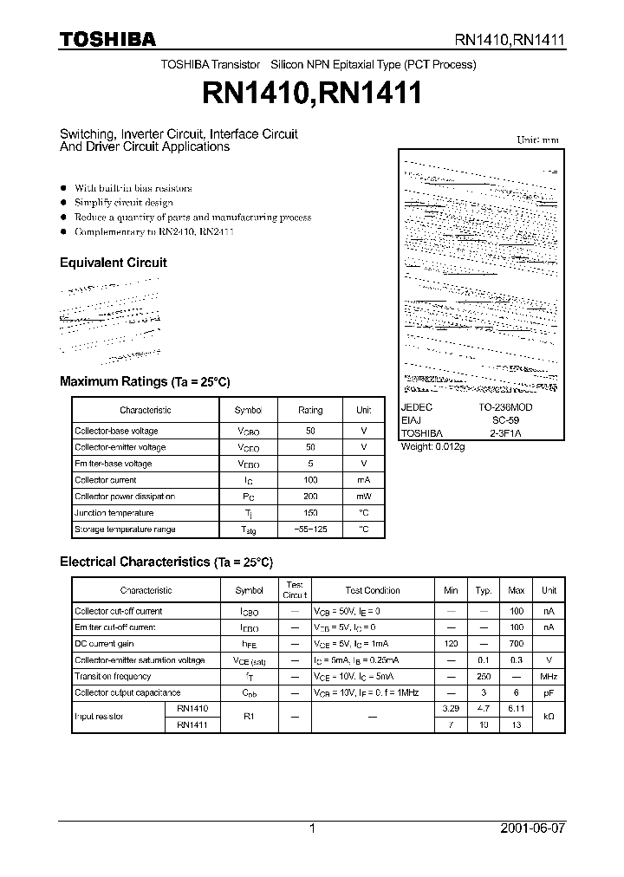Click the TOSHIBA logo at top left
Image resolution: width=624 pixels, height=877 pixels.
(107, 39)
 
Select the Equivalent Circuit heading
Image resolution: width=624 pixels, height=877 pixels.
(113, 263)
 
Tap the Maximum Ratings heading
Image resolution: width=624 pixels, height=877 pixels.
(145, 381)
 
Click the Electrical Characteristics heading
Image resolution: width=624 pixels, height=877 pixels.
(166, 562)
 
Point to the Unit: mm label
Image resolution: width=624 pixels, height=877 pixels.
(537, 140)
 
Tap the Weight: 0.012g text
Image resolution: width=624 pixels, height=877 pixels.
(433, 446)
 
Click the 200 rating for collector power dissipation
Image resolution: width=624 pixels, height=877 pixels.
(310, 497)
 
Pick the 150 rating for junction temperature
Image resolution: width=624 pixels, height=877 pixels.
(310, 513)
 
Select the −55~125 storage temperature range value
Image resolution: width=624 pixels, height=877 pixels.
(310, 529)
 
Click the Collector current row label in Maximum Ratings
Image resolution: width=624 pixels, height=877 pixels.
(106, 480)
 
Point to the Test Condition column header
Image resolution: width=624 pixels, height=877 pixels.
(372, 590)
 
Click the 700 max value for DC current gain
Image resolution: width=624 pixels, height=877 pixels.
(517, 644)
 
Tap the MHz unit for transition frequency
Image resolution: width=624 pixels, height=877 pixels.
(549, 676)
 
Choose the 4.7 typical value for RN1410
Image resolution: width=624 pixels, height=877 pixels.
(484, 709)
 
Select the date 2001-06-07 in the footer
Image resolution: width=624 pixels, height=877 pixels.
(532, 828)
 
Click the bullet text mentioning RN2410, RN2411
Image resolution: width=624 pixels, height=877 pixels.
(154, 232)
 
